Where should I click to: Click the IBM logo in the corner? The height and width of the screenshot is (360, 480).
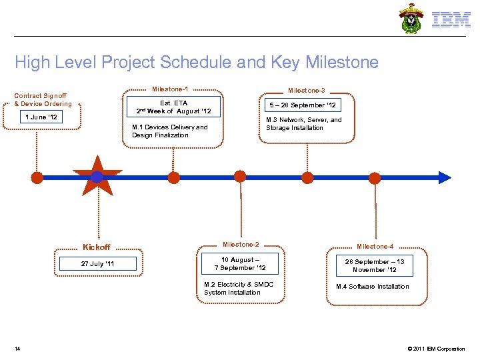click(451, 20)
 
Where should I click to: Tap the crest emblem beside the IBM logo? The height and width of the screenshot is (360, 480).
click(411, 19)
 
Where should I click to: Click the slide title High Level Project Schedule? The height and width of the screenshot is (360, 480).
click(197, 63)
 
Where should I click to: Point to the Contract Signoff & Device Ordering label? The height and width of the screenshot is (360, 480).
click(43, 99)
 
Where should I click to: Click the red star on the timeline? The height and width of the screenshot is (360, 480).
click(97, 177)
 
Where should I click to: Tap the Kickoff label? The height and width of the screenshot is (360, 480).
click(96, 247)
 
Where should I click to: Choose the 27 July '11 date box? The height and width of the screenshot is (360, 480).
click(97, 264)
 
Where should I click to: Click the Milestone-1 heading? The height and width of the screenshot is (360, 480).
click(170, 89)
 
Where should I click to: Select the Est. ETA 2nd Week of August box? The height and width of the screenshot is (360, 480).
click(173, 107)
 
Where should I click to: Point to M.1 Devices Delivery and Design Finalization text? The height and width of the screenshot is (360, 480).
click(170, 131)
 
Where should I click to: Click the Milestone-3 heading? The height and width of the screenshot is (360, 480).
click(306, 90)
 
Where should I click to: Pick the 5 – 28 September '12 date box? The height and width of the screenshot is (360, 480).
click(303, 105)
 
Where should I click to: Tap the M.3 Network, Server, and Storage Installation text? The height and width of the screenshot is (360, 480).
click(303, 124)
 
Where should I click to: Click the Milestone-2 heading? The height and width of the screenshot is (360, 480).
click(241, 245)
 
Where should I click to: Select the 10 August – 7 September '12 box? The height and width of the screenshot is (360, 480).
click(240, 264)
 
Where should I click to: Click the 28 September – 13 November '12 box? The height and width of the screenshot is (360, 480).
click(374, 266)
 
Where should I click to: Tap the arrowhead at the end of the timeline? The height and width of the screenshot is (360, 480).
click(445, 177)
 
